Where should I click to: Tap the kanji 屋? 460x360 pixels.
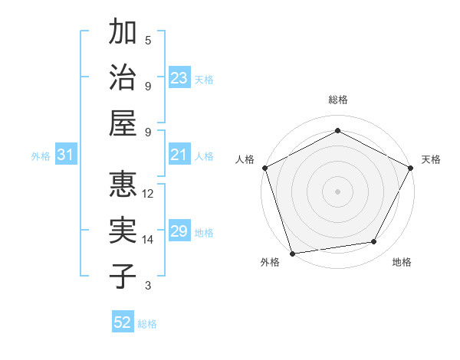(123, 123)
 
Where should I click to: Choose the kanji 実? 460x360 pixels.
(123, 231)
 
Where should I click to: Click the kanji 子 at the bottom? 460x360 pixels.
(123, 276)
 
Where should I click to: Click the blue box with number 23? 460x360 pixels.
(179, 77)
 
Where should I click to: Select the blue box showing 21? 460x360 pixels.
(179, 155)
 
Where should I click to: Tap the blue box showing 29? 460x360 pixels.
(179, 231)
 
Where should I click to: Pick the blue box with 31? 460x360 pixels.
(66, 155)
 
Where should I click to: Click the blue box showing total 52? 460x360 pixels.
(123, 323)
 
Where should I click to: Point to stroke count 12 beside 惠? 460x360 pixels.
(148, 194)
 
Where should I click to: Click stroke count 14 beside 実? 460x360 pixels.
(148, 240)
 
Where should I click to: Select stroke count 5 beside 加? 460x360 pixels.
(148, 41)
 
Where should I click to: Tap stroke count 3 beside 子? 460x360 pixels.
(148, 286)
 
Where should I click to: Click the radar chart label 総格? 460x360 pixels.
(337, 100)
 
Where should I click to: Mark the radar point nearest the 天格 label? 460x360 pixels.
(411, 168)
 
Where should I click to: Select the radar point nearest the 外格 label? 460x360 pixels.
(292, 253)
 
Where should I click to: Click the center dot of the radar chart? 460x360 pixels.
(337, 191)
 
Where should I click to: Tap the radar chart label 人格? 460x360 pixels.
(245, 160)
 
